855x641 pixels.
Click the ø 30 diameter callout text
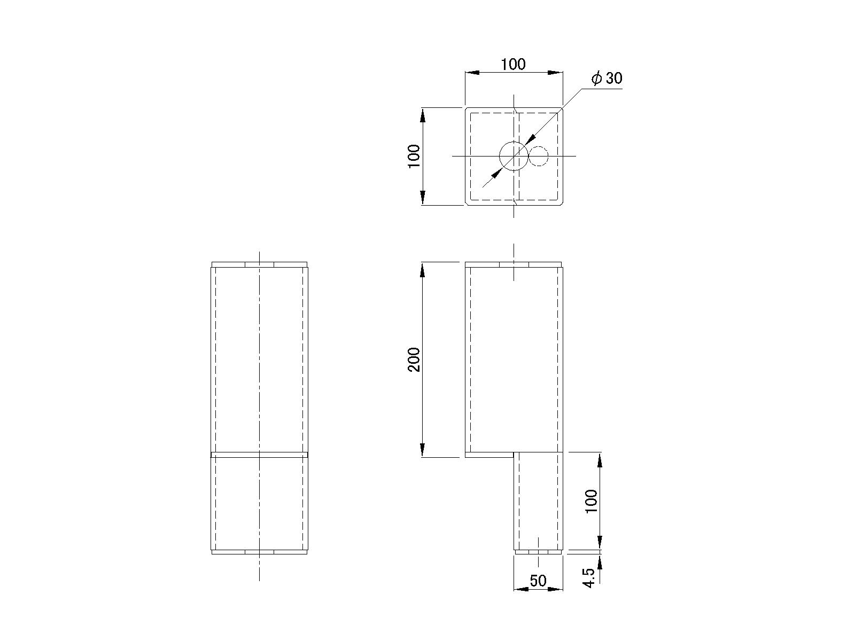click(607, 79)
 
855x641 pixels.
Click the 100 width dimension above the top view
click(513, 64)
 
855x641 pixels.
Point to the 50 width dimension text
click(538, 581)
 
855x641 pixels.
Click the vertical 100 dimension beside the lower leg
click(592, 502)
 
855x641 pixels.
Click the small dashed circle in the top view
click(539, 146)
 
